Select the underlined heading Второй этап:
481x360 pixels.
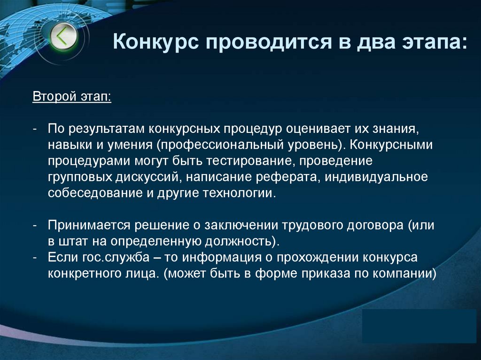[x=72, y=98]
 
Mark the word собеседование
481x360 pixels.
[x=94, y=194]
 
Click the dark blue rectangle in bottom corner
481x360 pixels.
[x=419, y=326]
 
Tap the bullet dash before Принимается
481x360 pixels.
[x=35, y=225]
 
